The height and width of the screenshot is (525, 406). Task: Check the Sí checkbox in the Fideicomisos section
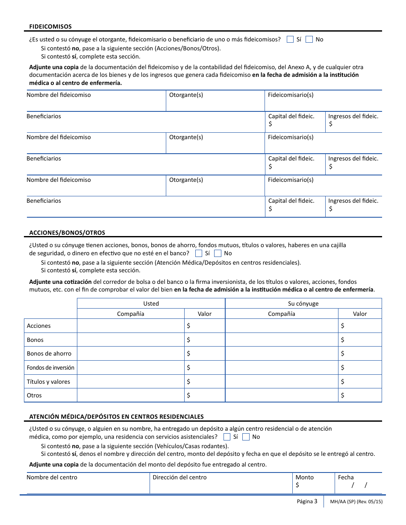[290, 40]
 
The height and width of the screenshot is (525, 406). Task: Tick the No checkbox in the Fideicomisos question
[309, 40]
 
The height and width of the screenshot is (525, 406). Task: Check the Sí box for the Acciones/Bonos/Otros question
[199, 254]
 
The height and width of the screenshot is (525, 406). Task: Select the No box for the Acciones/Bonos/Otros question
[218, 254]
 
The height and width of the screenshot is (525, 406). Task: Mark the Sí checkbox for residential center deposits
[227, 437]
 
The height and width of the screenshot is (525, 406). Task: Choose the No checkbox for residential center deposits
[246, 437]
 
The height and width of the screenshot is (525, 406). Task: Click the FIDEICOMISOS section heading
[50, 26]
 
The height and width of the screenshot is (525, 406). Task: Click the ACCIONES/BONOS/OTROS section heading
[67, 233]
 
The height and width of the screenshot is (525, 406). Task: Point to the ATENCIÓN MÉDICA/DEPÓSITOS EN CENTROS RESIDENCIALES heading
[116, 417]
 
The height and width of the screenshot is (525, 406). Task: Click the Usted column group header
[151, 303]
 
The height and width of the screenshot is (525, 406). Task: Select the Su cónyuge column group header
[303, 303]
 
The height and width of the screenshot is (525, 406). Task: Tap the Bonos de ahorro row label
[49, 353]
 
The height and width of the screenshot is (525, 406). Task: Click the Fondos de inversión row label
[50, 367]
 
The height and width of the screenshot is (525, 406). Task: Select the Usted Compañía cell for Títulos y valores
[130, 382]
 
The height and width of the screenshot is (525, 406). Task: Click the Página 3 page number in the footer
[307, 502]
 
